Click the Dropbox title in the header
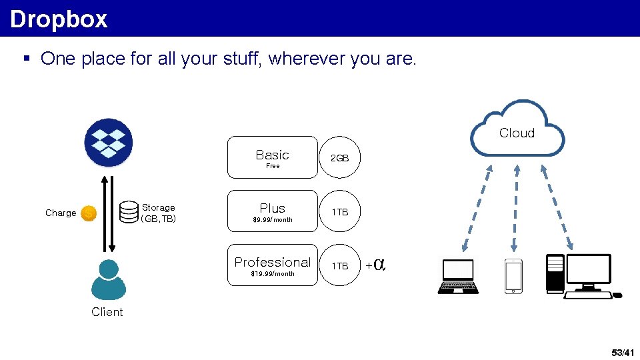click(59, 19)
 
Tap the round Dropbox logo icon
click(109, 142)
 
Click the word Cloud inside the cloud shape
click(517, 133)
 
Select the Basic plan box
click(273, 157)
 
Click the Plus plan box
click(273, 211)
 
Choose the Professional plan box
click(273, 265)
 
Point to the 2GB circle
click(340, 158)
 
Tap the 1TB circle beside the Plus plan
click(340, 212)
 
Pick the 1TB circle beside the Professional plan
click(340, 265)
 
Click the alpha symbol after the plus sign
click(379, 265)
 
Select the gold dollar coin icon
click(89, 213)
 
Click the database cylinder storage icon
click(129, 213)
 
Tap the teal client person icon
click(108, 280)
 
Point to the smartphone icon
click(513, 275)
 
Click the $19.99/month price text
click(272, 274)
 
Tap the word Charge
click(61, 213)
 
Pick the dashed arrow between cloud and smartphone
click(514, 207)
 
